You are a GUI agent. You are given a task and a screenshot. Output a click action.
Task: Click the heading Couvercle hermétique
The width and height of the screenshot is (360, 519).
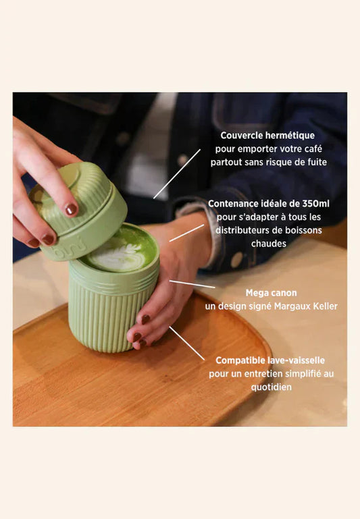(x=267, y=136)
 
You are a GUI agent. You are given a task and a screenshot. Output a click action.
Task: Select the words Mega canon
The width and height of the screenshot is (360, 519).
(x=272, y=293)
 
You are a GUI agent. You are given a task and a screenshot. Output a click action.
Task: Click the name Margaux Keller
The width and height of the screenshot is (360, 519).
(x=306, y=306)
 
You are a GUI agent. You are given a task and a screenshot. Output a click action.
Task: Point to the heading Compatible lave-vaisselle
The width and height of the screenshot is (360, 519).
(x=270, y=360)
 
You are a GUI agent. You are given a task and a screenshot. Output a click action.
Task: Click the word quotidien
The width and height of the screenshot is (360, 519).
(x=272, y=387)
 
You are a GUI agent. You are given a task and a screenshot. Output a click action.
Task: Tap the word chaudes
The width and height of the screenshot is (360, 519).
(x=269, y=244)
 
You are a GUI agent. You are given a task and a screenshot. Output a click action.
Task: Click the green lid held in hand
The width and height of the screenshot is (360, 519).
(x=80, y=212)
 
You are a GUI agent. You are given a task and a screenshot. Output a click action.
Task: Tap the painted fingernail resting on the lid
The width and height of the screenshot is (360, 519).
(x=71, y=209)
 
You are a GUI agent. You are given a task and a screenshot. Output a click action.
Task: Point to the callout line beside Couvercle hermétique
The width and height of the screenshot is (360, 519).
(x=177, y=173)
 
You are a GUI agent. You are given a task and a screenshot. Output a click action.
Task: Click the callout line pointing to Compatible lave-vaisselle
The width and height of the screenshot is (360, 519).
(x=187, y=344)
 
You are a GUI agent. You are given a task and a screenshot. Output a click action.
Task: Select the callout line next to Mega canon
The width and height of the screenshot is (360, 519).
(x=192, y=284)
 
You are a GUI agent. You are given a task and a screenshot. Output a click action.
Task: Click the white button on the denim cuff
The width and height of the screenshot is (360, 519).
(x=236, y=260)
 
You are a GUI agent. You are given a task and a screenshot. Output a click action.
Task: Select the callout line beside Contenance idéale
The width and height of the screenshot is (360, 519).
(x=187, y=233)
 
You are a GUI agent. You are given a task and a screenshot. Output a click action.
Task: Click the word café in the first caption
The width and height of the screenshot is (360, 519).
(x=313, y=149)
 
